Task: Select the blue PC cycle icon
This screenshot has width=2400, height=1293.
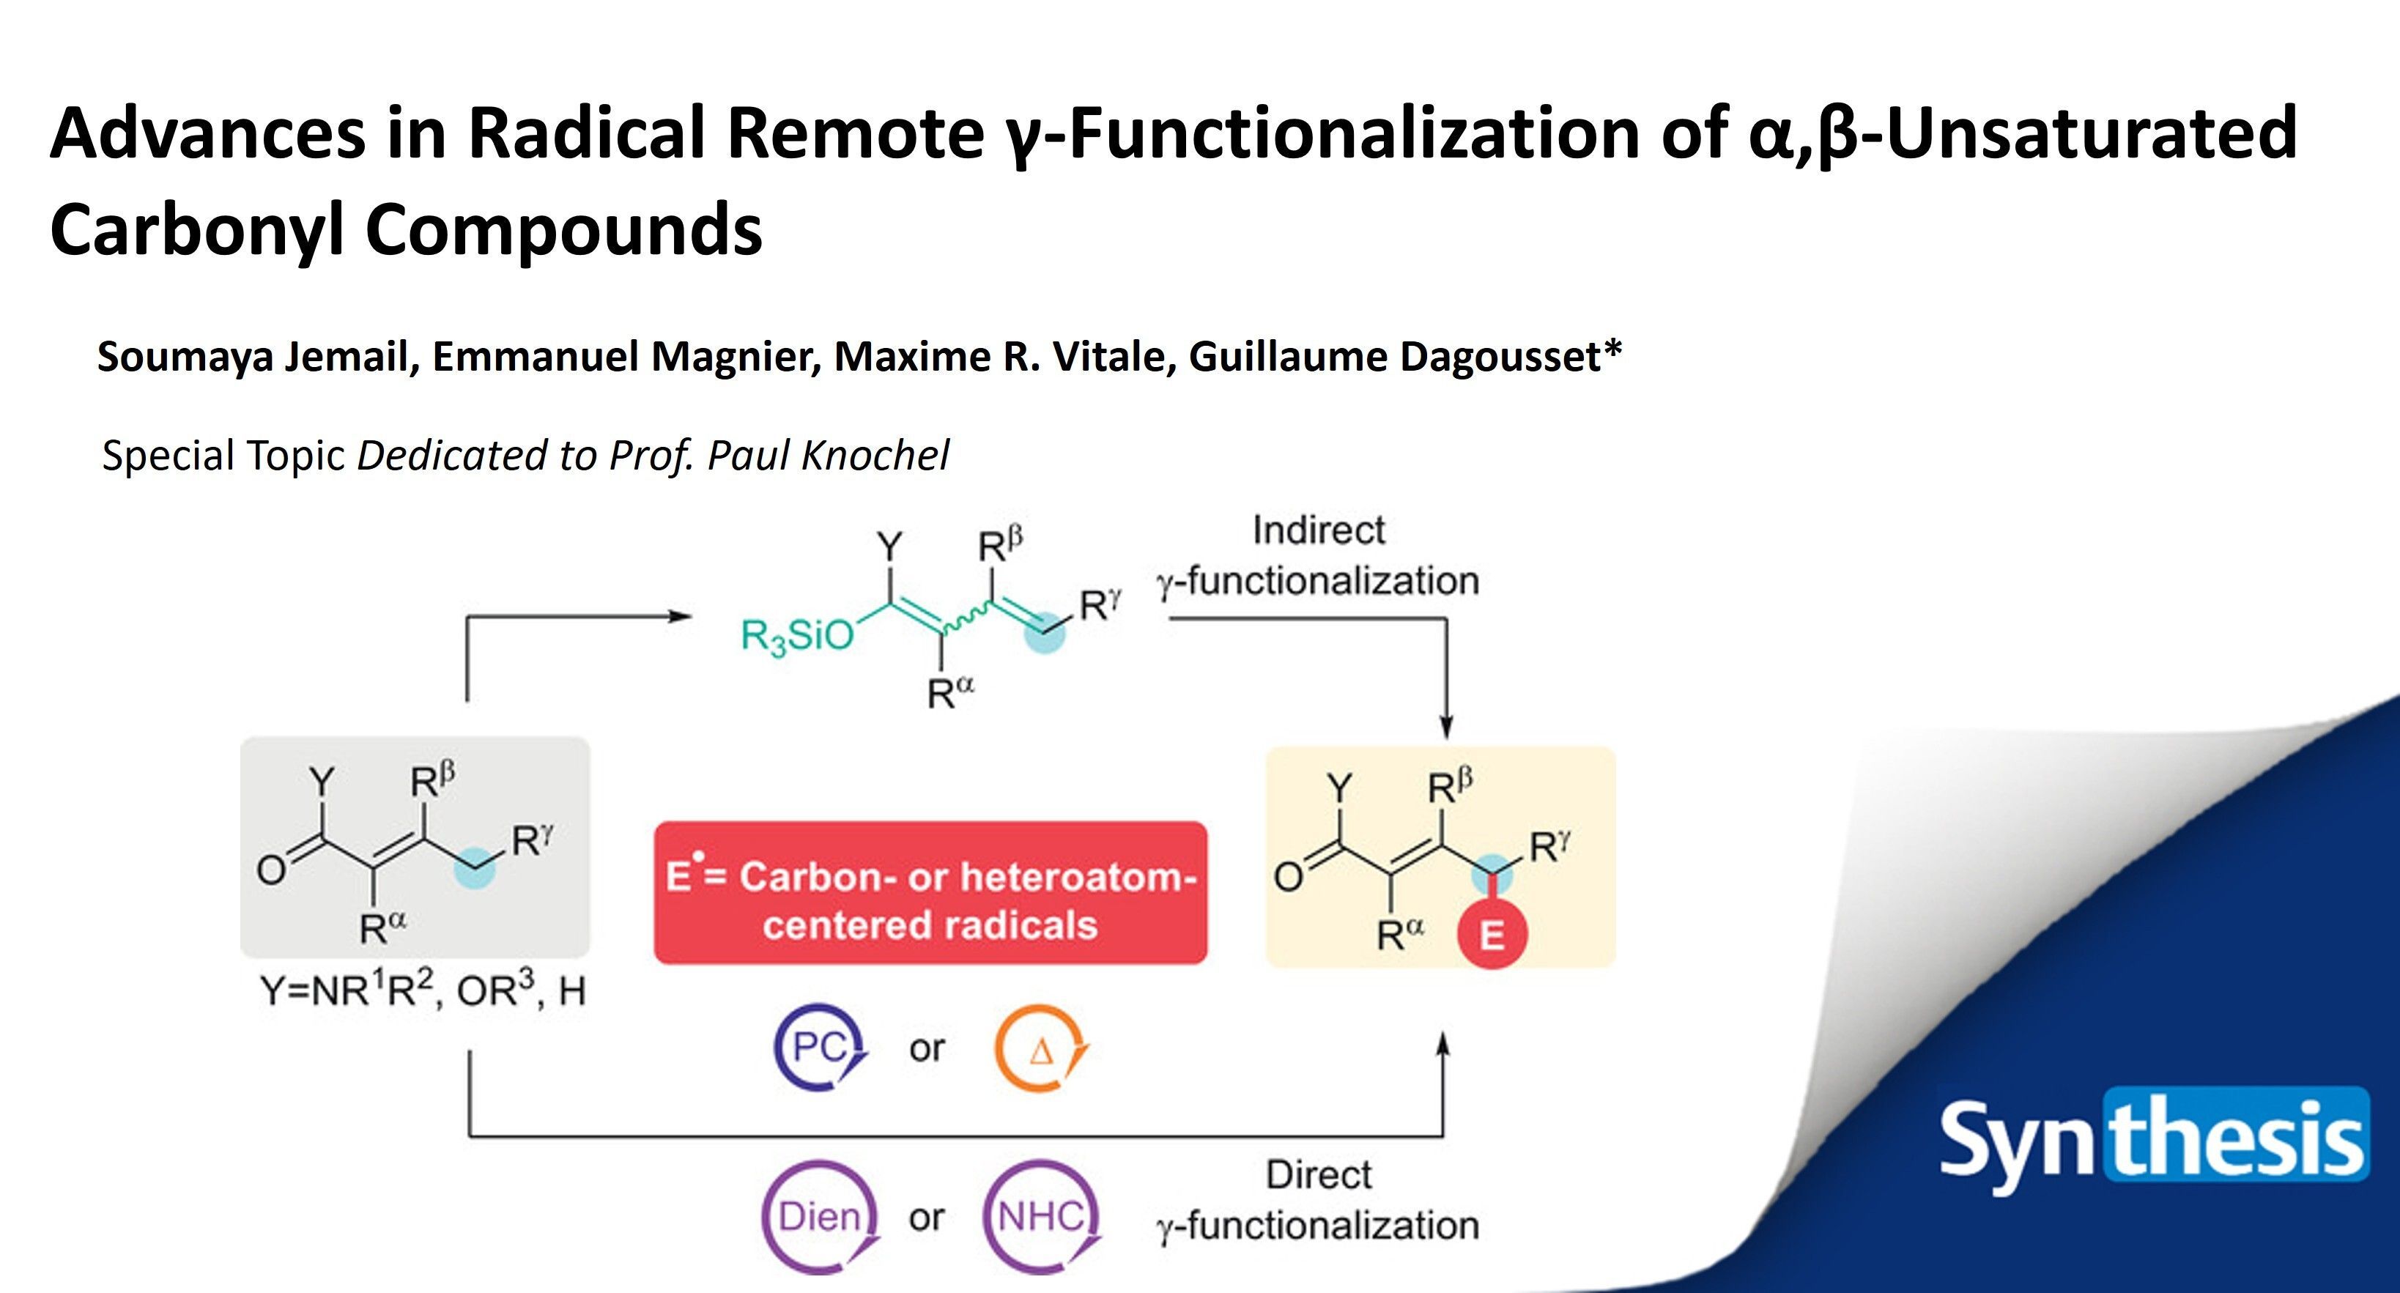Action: pos(819,1048)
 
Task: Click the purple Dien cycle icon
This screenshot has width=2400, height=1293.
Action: pos(820,1215)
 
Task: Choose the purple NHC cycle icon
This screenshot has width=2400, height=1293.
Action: pos(1041,1215)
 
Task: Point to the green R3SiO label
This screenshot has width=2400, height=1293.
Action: pos(796,637)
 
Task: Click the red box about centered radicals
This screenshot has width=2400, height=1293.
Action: pos(930,892)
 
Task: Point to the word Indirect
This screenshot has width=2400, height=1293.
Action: pos(1319,530)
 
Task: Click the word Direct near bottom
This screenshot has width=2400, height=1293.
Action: pos(1319,1175)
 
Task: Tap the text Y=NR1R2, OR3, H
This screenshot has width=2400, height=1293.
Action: pos(423,991)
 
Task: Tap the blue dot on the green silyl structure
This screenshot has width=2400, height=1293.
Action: pos(1045,631)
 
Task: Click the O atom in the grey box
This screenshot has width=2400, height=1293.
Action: pos(271,870)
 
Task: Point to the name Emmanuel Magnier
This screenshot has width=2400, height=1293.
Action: pos(626,357)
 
